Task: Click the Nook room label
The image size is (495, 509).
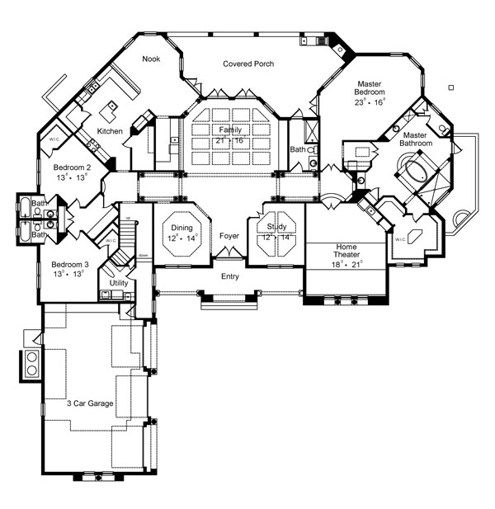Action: pyautogui.click(x=151, y=59)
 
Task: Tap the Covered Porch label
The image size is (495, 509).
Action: pyautogui.click(x=248, y=64)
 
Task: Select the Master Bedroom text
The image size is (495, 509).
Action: pyautogui.click(x=374, y=88)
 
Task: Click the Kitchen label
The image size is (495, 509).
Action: pyautogui.click(x=111, y=131)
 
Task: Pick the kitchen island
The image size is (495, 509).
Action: pyautogui.click(x=110, y=109)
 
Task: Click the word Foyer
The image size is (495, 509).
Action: pyautogui.click(x=229, y=236)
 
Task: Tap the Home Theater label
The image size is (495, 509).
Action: pyautogui.click(x=346, y=250)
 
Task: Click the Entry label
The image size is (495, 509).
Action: pyautogui.click(x=229, y=276)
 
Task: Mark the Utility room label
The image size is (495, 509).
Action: pyautogui.click(x=119, y=283)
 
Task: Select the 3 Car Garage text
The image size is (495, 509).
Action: pyautogui.click(x=90, y=403)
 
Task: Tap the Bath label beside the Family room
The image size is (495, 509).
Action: pyautogui.click(x=297, y=149)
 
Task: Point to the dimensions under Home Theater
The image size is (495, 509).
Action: pyautogui.click(x=346, y=265)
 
